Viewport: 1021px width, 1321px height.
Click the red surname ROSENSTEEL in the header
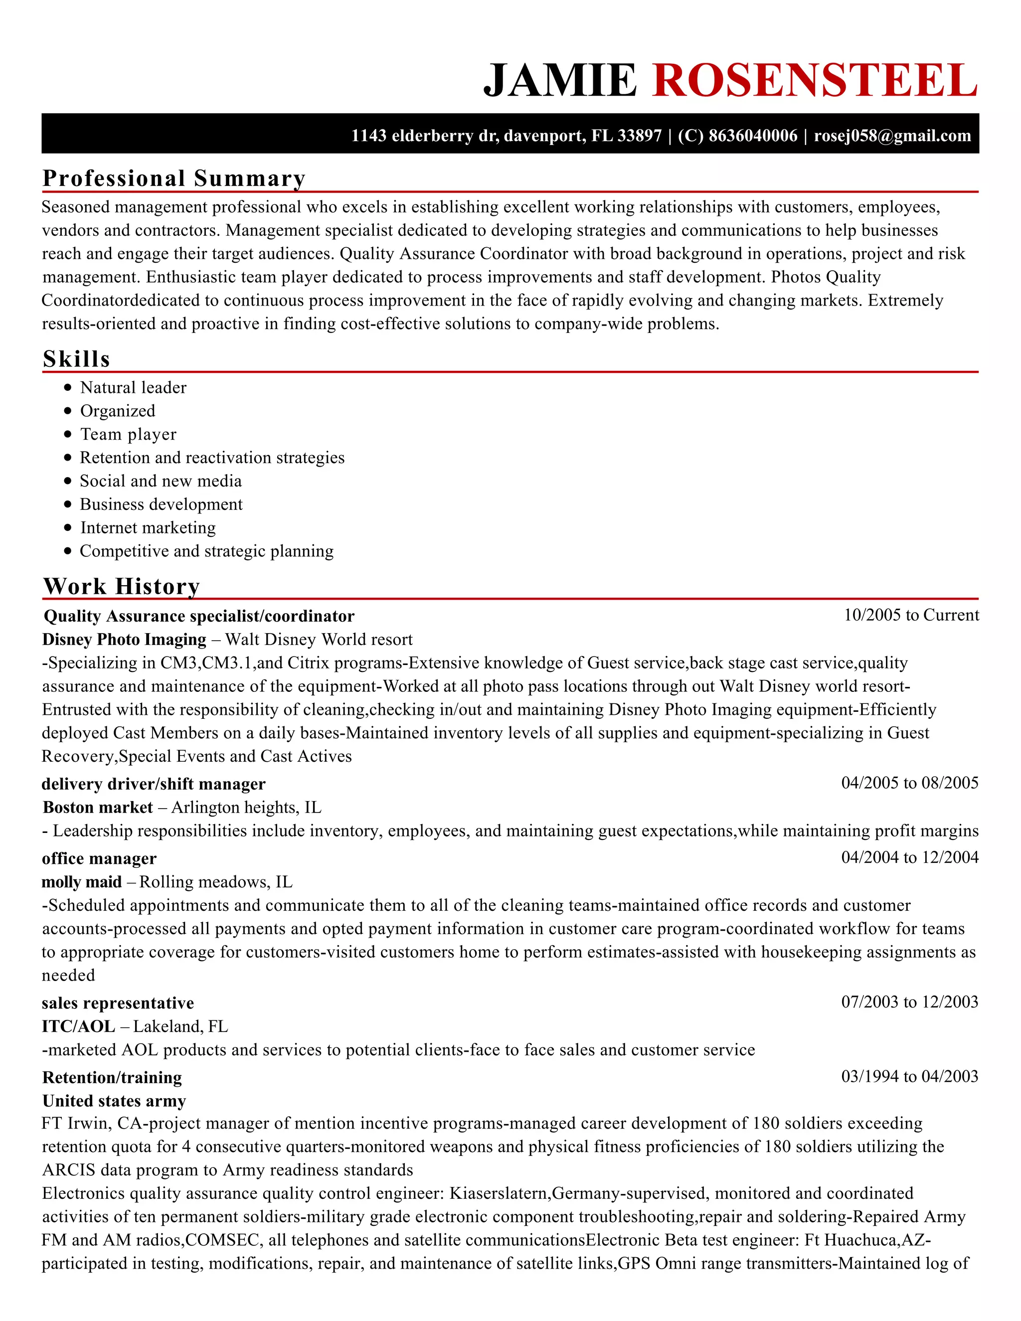(x=814, y=80)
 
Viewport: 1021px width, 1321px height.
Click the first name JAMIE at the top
(x=560, y=80)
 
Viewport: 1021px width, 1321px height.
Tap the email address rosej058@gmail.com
(x=892, y=136)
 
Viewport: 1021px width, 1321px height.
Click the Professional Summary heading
(x=173, y=178)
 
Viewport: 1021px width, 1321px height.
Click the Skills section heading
(x=76, y=359)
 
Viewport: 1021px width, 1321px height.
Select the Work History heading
(x=121, y=586)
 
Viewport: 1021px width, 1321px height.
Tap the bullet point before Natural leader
(x=67, y=387)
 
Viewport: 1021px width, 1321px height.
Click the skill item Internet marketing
(x=148, y=527)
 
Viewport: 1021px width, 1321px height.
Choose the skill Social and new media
(x=161, y=481)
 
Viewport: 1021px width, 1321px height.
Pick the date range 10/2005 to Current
(x=911, y=615)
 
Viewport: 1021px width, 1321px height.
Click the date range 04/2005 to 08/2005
(x=909, y=783)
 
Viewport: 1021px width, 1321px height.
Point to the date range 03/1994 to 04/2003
(x=909, y=1076)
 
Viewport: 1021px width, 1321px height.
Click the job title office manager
(x=99, y=858)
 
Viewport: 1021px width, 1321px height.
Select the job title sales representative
(x=118, y=1003)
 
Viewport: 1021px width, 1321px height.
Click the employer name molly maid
(x=82, y=882)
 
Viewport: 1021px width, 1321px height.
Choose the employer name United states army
(x=114, y=1100)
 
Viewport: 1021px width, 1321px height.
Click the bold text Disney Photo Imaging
(x=124, y=640)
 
